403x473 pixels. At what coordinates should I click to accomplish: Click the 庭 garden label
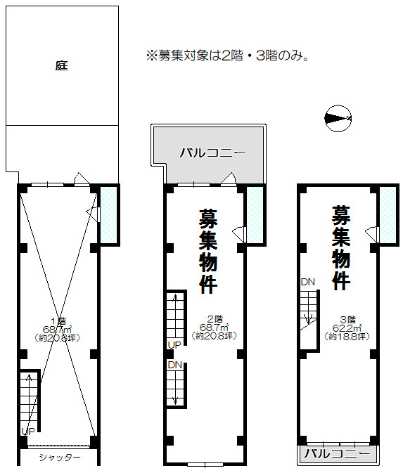click(x=62, y=65)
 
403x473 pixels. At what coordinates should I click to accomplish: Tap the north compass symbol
click(x=338, y=119)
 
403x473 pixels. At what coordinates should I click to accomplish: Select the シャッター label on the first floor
click(x=60, y=458)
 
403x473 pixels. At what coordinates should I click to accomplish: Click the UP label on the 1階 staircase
click(x=28, y=432)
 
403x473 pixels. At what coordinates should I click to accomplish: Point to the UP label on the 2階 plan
click(x=174, y=345)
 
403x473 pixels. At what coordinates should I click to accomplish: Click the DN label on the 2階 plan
click(x=175, y=365)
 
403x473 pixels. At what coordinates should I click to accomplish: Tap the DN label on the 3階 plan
click(x=308, y=282)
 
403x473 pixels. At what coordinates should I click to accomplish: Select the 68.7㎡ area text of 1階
click(x=58, y=329)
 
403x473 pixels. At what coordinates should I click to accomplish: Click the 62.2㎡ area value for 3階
click(x=347, y=328)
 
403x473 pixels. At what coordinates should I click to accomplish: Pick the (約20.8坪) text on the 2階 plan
click(x=214, y=335)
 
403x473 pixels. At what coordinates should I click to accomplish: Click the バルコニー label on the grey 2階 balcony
click(x=213, y=153)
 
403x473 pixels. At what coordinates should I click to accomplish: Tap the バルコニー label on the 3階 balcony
click(x=337, y=453)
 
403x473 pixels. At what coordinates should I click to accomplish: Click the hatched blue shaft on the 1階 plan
click(x=108, y=215)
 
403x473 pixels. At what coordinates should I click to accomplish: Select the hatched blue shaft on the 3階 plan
click(x=388, y=215)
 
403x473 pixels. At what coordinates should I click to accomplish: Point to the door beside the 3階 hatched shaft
click(x=371, y=234)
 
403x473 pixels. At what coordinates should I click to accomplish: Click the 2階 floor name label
click(x=215, y=319)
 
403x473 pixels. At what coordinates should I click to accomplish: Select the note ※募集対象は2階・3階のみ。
click(x=227, y=56)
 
